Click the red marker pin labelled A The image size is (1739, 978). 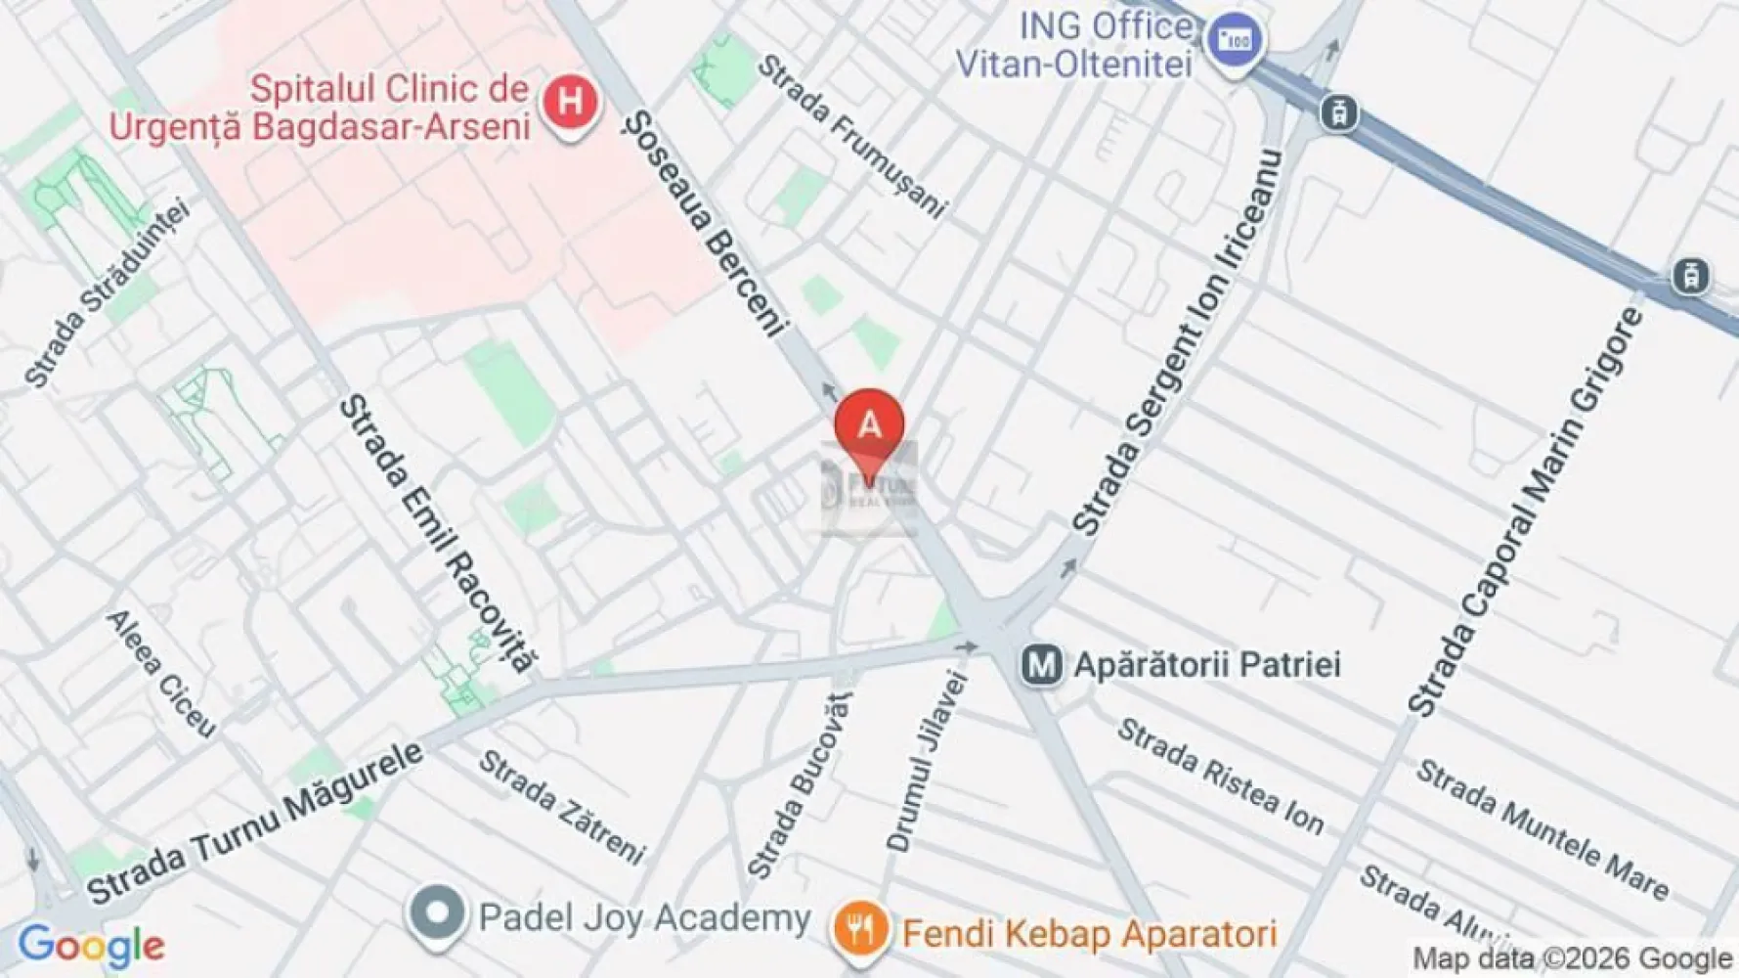(x=869, y=426)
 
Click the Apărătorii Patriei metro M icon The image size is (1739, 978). (x=1041, y=666)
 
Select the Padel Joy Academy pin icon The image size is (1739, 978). (x=437, y=914)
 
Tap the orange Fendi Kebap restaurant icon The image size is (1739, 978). (x=859, y=930)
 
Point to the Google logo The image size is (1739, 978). (x=91, y=947)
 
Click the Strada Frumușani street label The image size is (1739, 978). (x=852, y=136)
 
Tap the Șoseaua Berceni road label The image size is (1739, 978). (x=705, y=224)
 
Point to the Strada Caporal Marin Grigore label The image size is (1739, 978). (x=1525, y=511)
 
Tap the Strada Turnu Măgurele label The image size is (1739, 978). (x=256, y=823)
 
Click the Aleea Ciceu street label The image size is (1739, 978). (x=161, y=673)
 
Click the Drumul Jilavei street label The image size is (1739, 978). (x=927, y=760)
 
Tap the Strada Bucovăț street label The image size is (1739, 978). (x=800, y=784)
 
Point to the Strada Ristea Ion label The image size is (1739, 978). (x=1220, y=777)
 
